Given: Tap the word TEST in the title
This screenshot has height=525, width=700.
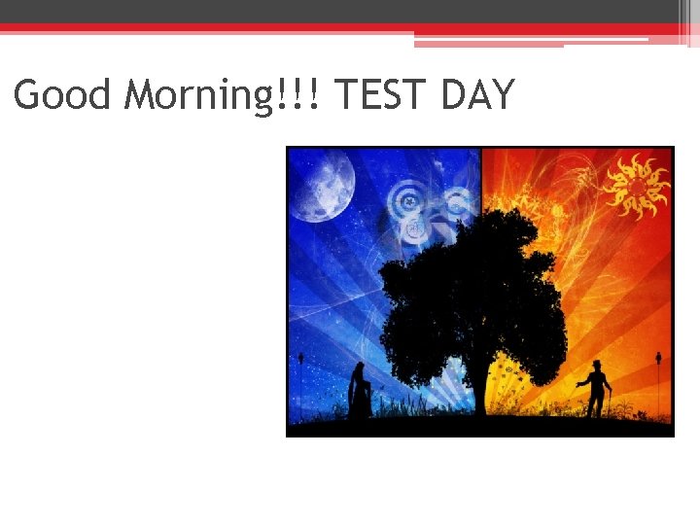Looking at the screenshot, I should pos(383,95).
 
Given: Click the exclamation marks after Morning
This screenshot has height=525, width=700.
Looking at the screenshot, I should pos(311,95).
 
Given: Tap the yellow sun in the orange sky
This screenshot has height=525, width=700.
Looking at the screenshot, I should pos(636,185).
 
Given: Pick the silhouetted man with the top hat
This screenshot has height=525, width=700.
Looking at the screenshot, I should pos(596,389).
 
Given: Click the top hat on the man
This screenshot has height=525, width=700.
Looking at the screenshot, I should pos(597,364).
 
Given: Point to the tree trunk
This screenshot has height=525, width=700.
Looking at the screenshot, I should pos(480,389).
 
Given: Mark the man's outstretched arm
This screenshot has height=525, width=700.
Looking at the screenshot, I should pos(583,383).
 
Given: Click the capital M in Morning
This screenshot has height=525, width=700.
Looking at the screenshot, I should pos(143,95).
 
